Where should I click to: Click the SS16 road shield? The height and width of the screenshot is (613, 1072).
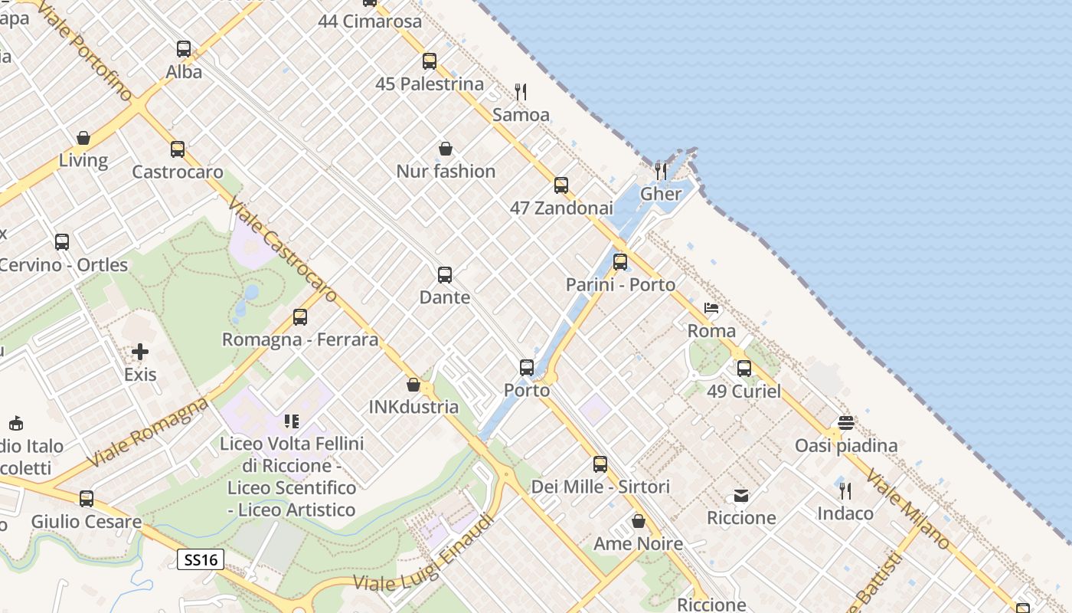201,559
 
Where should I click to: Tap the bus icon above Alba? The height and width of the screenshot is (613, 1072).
184,49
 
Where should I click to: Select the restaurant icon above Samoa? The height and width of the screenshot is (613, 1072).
521,92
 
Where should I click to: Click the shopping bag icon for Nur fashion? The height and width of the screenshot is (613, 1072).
445,149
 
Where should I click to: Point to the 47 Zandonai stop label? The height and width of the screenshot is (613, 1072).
561,208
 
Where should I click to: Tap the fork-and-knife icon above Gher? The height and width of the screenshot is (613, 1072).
661,171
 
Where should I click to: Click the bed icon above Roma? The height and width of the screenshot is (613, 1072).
711,309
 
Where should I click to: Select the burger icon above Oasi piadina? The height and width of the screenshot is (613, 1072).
845,423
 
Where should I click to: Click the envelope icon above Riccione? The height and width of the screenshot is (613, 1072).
740,495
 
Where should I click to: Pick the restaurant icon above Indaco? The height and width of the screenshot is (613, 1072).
845,490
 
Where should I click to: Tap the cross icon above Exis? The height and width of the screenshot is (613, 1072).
140,352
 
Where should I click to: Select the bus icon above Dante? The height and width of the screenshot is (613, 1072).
445,274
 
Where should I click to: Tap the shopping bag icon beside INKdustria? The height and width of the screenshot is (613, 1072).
413,385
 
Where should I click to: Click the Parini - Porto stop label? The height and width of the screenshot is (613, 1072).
620,284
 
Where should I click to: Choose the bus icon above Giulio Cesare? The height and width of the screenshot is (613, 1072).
87,499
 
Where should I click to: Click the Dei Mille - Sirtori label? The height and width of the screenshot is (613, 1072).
600,487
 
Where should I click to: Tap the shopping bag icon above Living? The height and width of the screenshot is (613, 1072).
83,138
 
